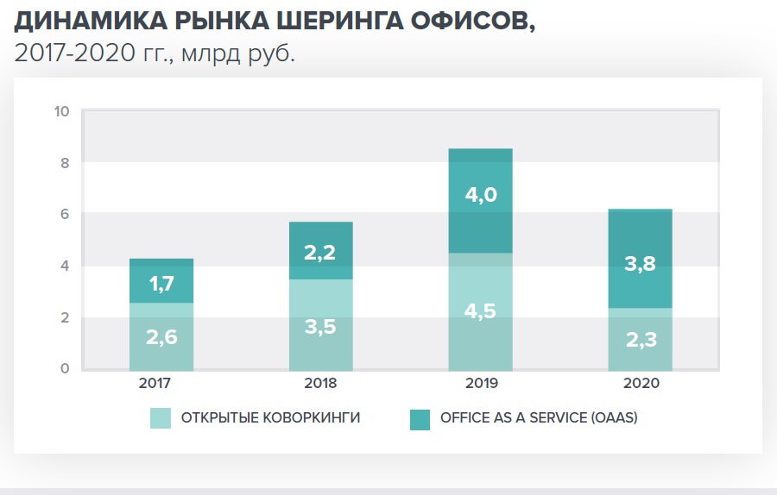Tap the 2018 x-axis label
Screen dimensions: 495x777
(x=320, y=383)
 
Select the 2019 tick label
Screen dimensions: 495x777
(x=480, y=383)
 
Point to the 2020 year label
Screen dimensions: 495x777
(x=640, y=383)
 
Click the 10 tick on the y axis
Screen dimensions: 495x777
(x=60, y=111)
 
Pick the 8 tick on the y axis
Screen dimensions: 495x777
(x=64, y=162)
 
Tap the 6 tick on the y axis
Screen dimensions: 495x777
(x=64, y=214)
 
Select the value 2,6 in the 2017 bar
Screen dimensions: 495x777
(x=161, y=337)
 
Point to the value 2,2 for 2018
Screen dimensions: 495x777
(x=320, y=252)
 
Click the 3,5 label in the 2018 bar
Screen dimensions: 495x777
(x=320, y=326)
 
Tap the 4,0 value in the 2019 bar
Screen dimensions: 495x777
(x=480, y=195)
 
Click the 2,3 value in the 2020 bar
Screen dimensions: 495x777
(x=640, y=340)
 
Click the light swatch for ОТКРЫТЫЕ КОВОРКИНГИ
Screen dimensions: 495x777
(x=161, y=418)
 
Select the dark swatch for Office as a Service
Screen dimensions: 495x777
(x=420, y=418)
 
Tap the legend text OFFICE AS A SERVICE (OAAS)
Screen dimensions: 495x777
(x=539, y=418)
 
